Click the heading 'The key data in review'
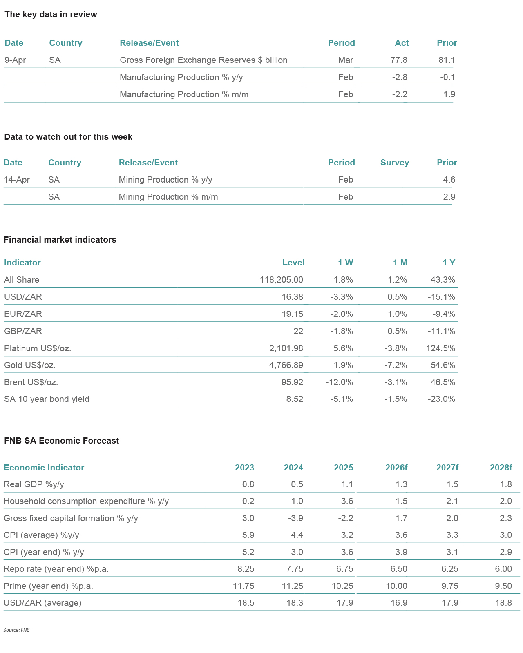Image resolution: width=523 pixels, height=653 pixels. coord(51,15)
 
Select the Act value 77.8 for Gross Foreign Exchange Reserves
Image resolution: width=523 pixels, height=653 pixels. coord(399,60)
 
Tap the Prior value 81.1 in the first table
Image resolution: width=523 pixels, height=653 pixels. coord(447,60)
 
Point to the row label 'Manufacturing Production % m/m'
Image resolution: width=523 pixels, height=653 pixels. coord(184,94)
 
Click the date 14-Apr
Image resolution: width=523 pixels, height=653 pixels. coord(17,180)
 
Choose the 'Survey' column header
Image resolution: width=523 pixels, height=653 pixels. coord(394,163)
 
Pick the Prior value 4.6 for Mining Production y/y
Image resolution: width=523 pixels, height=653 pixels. coord(449,180)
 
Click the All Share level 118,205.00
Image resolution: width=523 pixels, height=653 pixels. coord(282,280)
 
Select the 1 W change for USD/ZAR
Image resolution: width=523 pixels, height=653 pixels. coord(341,297)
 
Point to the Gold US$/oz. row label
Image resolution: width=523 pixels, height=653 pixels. coord(30,365)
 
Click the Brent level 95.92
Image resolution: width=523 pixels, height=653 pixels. coord(292,382)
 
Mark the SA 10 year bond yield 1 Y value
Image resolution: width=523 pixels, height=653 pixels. coord(441,399)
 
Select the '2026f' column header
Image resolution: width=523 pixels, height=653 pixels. coord(396,468)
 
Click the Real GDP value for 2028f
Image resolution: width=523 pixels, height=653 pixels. coord(506,484)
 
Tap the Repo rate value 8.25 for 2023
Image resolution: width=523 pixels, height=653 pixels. coord(245,569)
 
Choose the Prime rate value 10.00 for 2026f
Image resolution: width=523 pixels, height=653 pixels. coord(396,586)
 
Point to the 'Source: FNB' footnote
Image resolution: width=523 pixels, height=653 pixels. coord(16,630)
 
